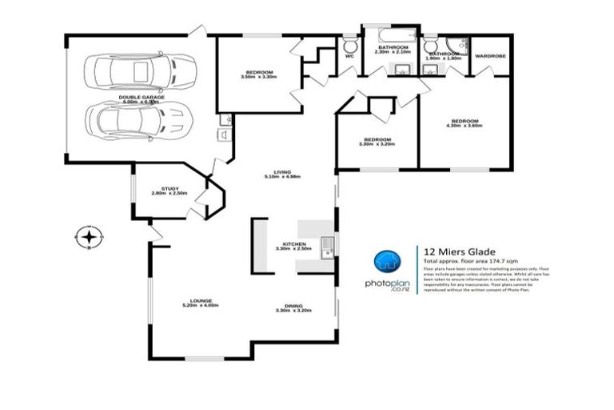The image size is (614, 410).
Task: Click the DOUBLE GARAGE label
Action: click(141, 97)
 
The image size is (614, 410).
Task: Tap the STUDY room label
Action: click(169, 187)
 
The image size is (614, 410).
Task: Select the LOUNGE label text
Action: click(200, 300)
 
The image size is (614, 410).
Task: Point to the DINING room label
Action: click(293, 304)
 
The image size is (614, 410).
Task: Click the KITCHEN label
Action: click(293, 243)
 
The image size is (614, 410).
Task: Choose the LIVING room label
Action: click(281, 172)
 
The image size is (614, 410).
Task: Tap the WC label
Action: click(349, 57)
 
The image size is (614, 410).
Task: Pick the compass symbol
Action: click(87, 237)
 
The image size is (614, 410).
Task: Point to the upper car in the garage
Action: click(143, 71)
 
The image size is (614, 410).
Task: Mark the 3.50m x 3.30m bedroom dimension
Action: click(258, 77)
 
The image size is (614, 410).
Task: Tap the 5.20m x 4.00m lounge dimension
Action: click(200, 306)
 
